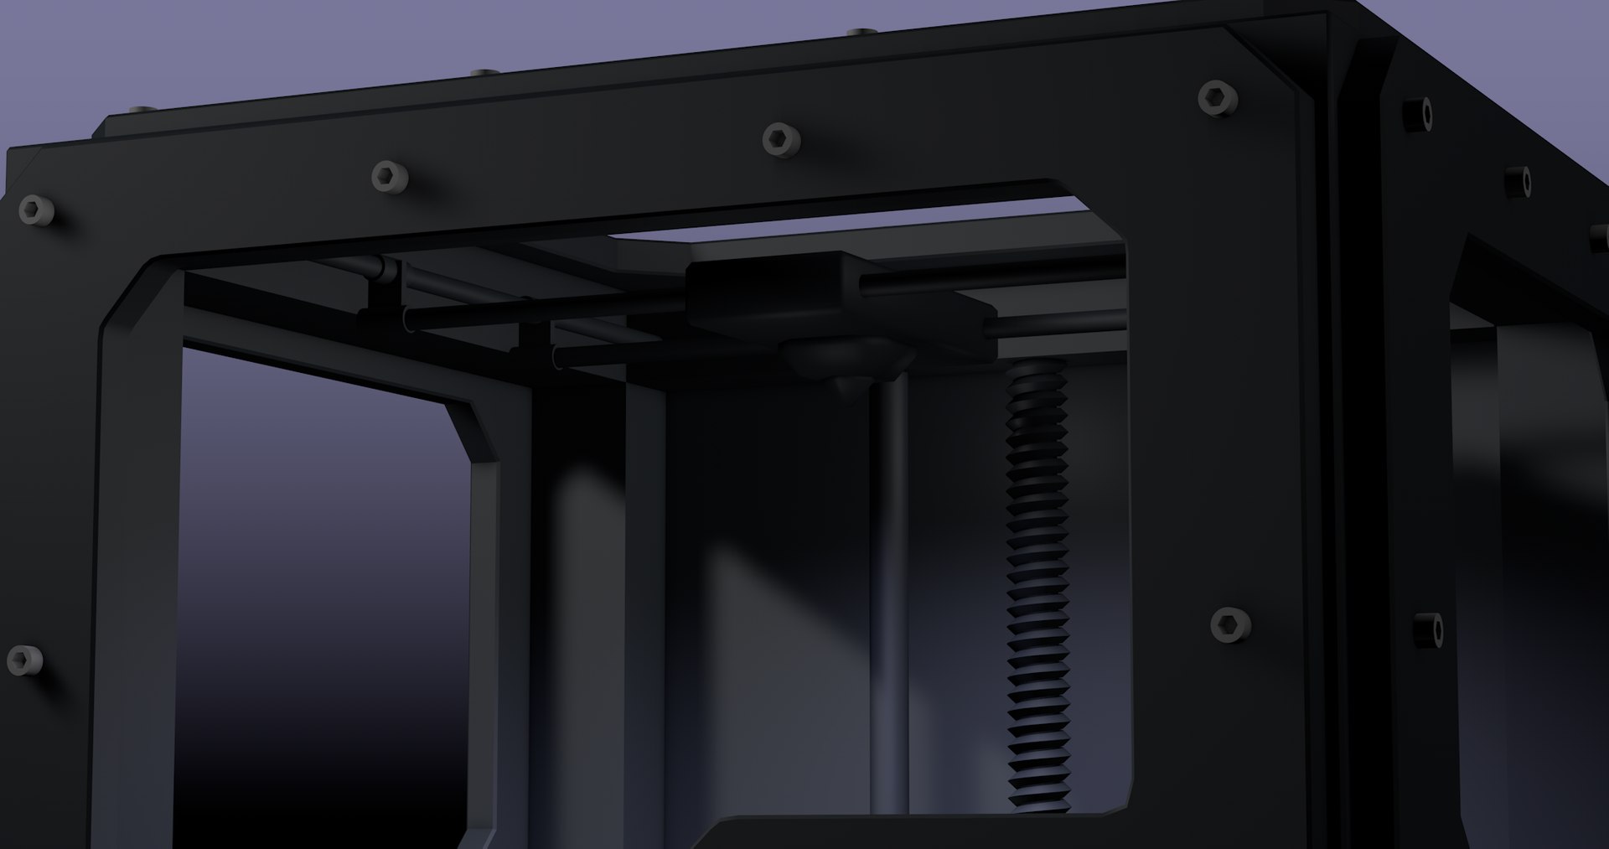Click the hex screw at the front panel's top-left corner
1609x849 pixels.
click(36, 209)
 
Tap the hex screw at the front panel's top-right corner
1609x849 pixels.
click(1217, 98)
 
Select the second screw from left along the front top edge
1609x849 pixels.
click(388, 177)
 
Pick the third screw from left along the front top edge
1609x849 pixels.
click(780, 138)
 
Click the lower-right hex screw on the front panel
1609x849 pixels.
click(1230, 624)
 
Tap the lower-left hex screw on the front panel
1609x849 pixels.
click(23, 660)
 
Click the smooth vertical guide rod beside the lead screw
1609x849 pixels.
click(890, 587)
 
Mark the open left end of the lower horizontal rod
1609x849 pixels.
click(560, 359)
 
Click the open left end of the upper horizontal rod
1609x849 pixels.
click(407, 318)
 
